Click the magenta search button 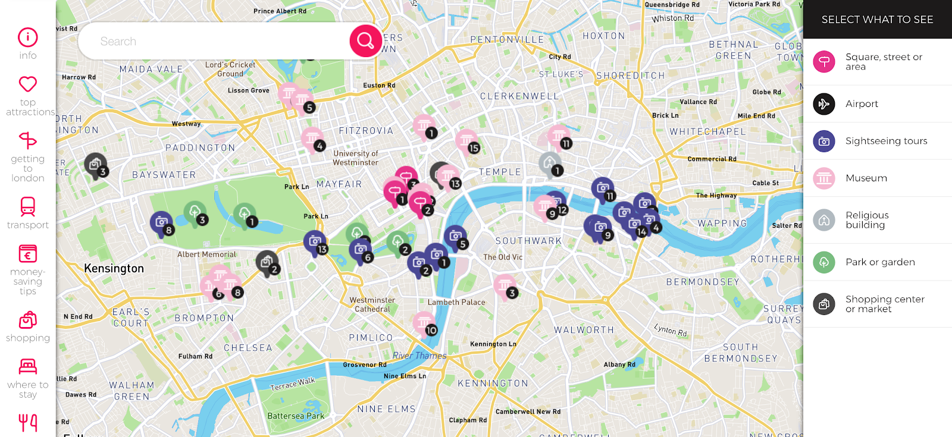(365, 41)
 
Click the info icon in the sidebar (27, 37)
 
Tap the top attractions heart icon (27, 84)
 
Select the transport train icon (27, 206)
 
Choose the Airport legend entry (861, 104)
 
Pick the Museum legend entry (866, 178)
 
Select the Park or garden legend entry (879, 262)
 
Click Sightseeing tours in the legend (886, 142)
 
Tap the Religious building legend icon (824, 220)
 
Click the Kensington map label (114, 269)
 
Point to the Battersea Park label (296, 416)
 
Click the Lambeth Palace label (456, 302)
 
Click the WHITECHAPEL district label (707, 131)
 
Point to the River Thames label (419, 356)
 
